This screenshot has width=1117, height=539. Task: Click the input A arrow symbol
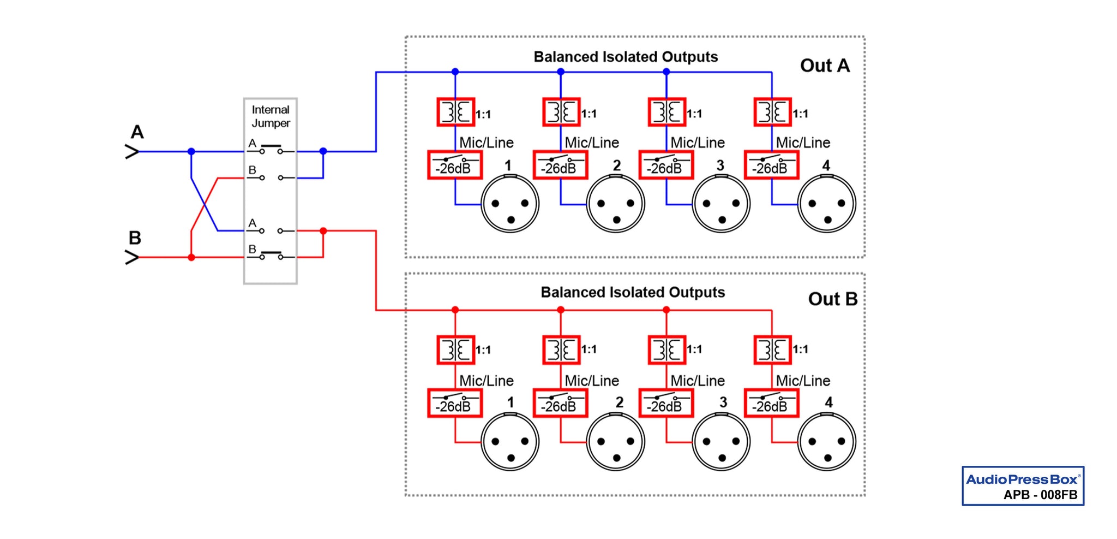tap(132, 151)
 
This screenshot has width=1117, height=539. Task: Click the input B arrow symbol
tap(132, 257)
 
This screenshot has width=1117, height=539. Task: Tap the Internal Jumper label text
tap(271, 116)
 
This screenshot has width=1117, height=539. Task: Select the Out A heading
tap(825, 66)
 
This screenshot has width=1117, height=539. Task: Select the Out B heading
tap(832, 299)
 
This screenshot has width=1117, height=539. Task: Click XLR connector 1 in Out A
tap(510, 204)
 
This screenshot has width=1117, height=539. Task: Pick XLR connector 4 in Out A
tap(826, 204)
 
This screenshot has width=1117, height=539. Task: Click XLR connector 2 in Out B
tap(616, 442)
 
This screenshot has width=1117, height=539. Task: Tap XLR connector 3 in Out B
tap(721, 442)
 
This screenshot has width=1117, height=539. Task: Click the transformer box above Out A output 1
tap(456, 112)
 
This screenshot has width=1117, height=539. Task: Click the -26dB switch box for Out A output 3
tap(666, 165)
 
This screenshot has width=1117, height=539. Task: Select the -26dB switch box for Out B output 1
tap(455, 403)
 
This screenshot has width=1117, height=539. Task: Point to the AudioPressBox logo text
tap(1022, 479)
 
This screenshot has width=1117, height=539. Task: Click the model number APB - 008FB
tap(1040, 495)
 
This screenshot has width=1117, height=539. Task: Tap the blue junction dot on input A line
tap(191, 151)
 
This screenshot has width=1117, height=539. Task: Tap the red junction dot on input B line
tap(191, 257)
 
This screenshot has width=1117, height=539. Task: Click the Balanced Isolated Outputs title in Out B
tap(633, 292)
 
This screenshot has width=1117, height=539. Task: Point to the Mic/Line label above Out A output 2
tap(592, 143)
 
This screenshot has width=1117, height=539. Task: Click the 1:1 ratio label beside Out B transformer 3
tap(694, 350)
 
